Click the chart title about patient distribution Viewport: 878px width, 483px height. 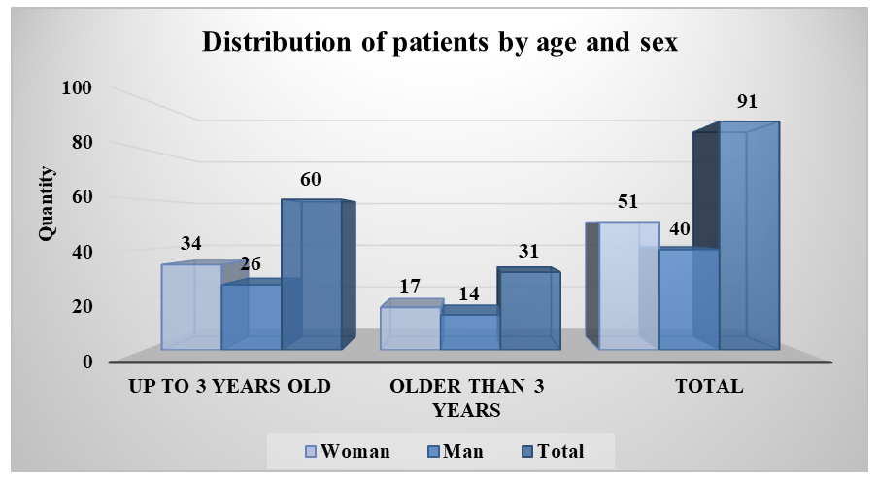[x=440, y=42]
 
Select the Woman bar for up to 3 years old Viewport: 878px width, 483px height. [x=191, y=307]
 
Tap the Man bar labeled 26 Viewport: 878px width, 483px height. [x=252, y=317]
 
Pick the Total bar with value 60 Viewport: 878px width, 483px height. [x=312, y=275]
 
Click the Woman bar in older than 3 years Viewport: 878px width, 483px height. [x=411, y=328]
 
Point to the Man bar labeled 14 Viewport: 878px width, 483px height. [x=470, y=331]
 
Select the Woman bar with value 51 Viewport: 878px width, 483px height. [x=628, y=286]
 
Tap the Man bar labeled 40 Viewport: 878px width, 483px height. [x=689, y=299]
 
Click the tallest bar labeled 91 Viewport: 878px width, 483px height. [x=749, y=235]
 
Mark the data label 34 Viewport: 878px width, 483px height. [x=190, y=243]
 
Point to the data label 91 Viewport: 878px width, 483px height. [x=747, y=101]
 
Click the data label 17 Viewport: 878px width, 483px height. [x=410, y=286]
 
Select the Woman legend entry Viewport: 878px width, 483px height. [x=348, y=451]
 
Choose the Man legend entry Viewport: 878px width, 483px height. [x=456, y=451]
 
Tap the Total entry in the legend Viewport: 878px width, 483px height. [x=554, y=451]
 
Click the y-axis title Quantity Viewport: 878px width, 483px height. [x=47, y=204]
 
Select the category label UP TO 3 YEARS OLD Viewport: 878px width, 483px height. [x=229, y=386]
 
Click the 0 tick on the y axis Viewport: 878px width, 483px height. [x=87, y=362]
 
